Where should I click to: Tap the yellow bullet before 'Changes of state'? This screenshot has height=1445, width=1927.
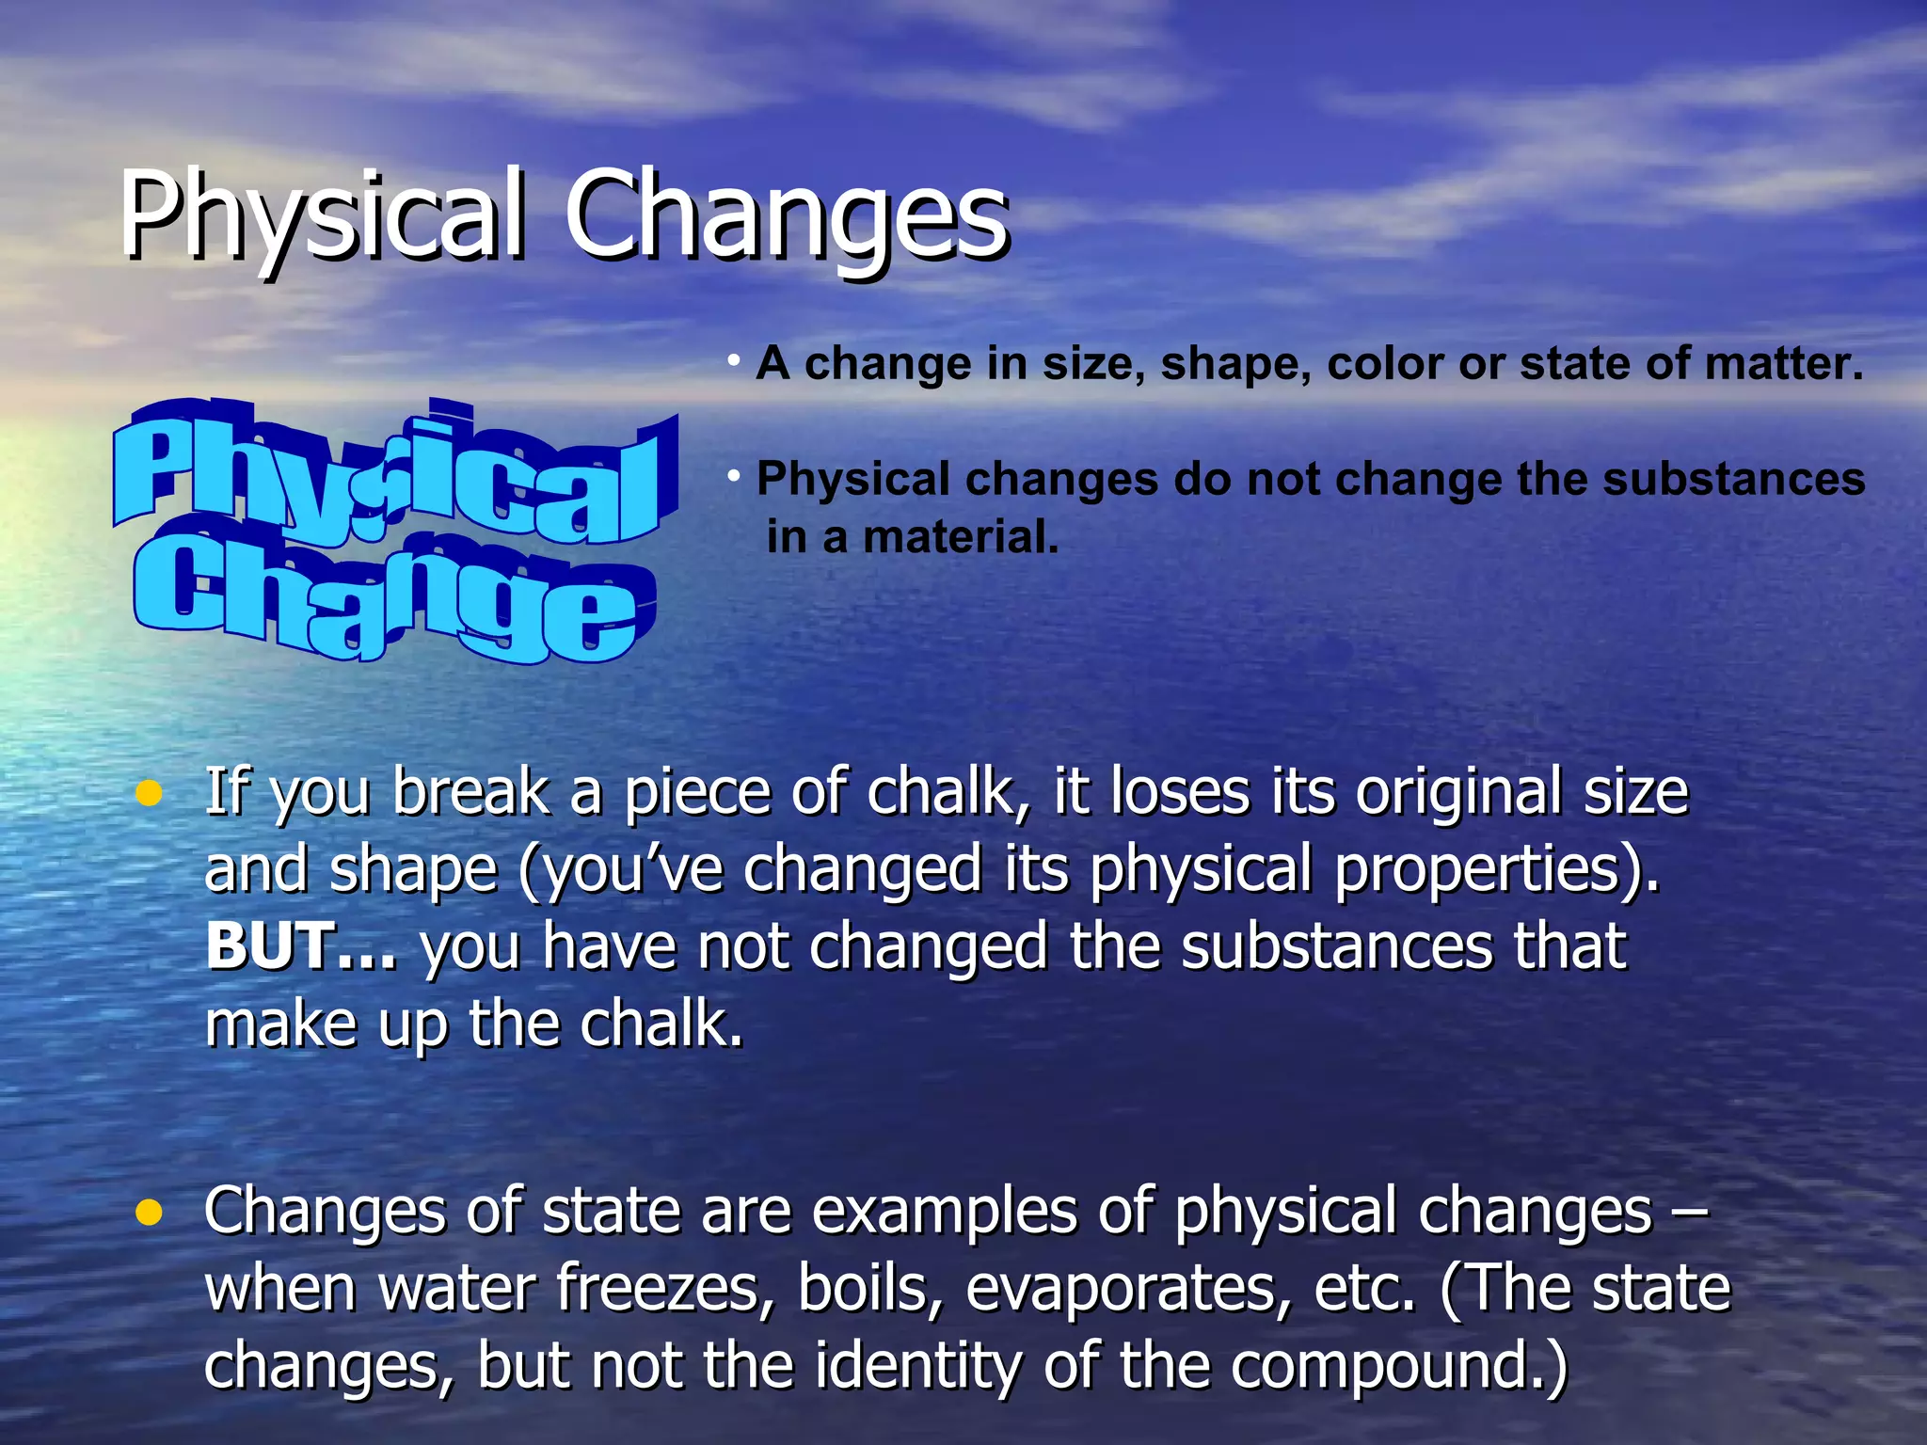coord(149,1214)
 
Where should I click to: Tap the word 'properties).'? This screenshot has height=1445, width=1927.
coord(1497,868)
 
